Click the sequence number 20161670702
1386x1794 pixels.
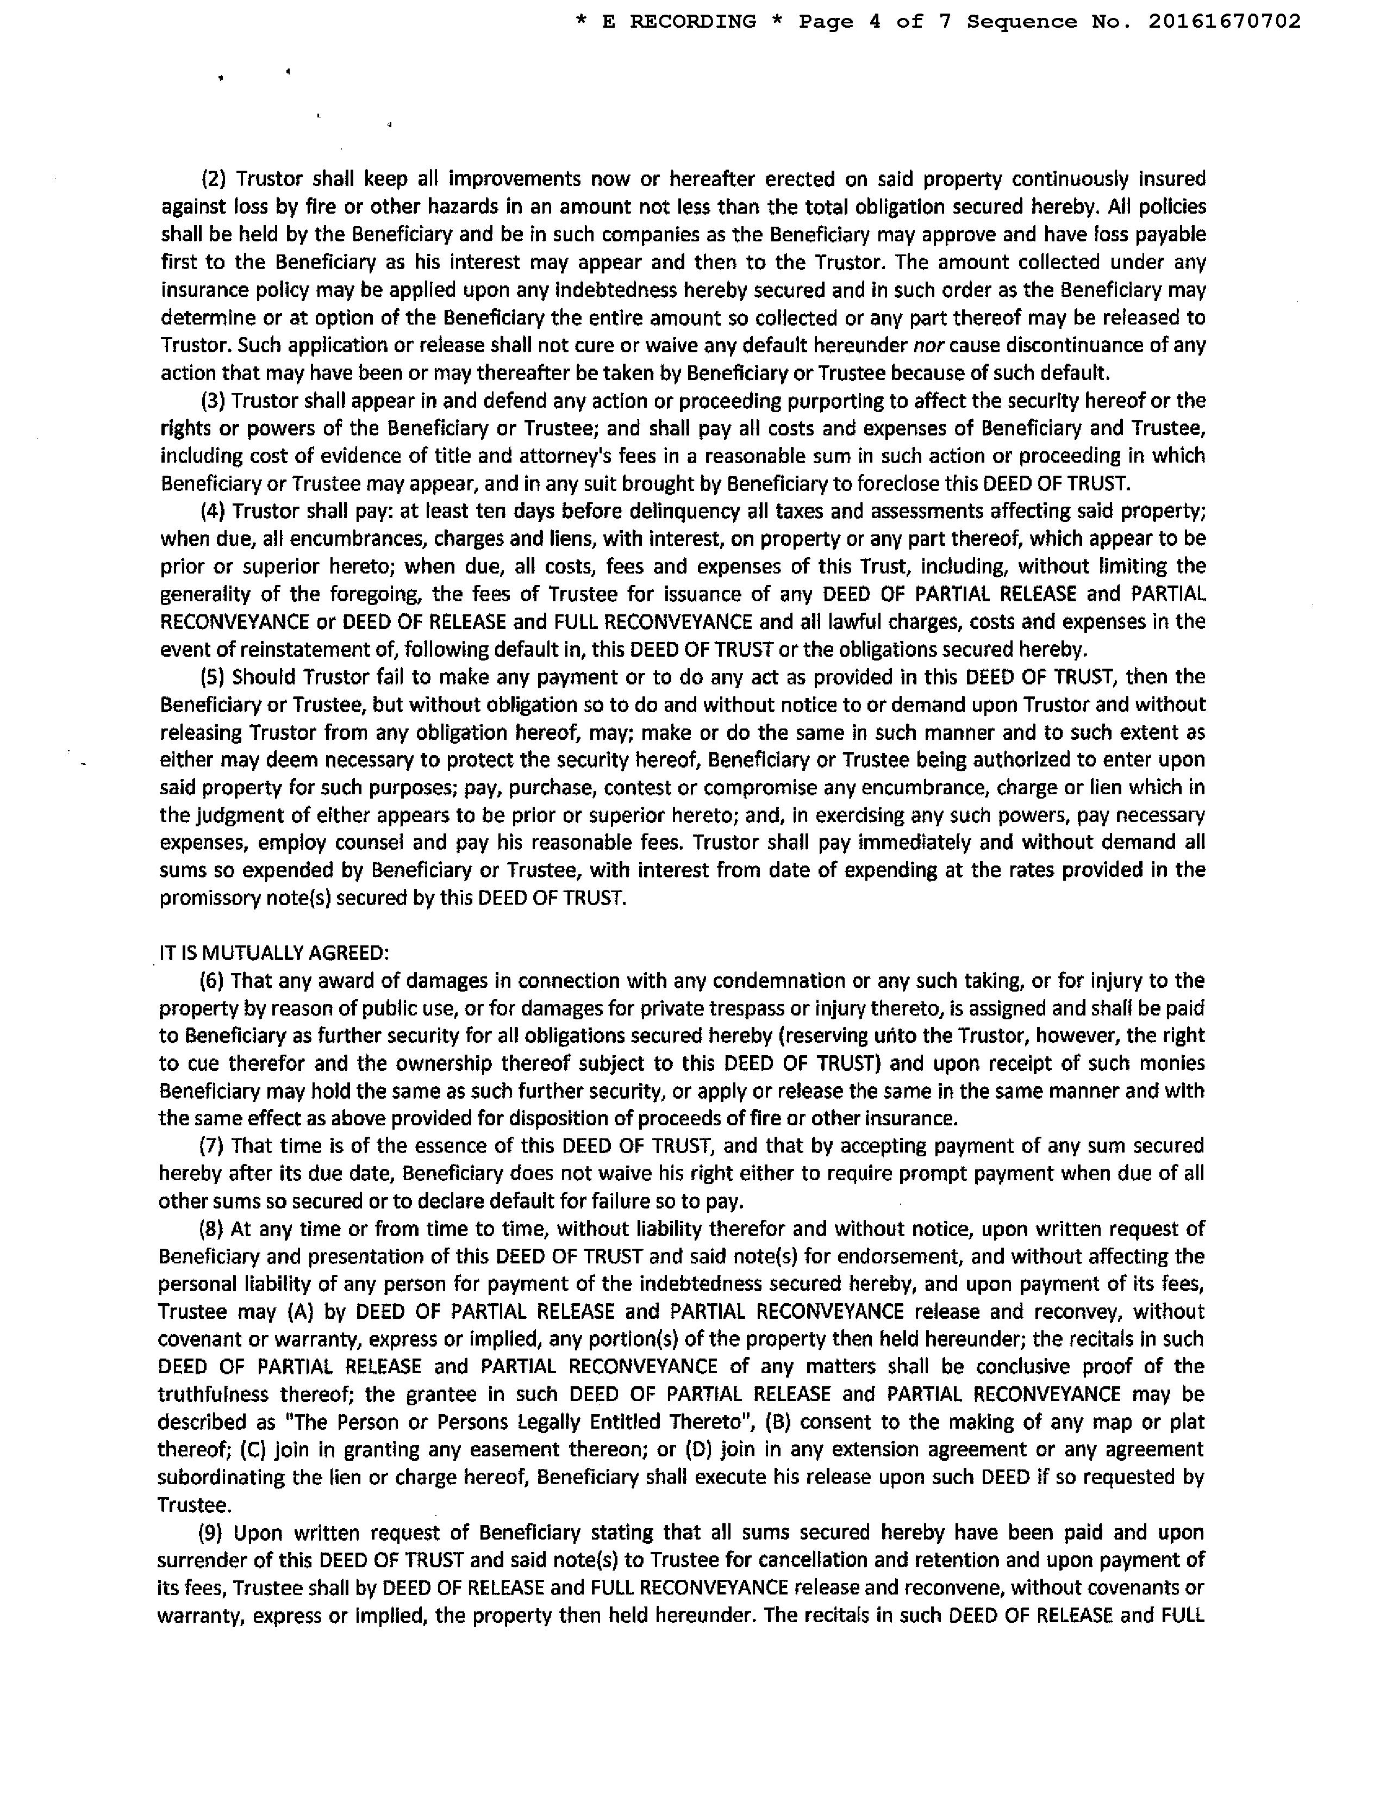coord(1224,21)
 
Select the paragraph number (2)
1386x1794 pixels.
coord(215,179)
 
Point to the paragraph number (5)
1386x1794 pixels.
coord(215,677)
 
